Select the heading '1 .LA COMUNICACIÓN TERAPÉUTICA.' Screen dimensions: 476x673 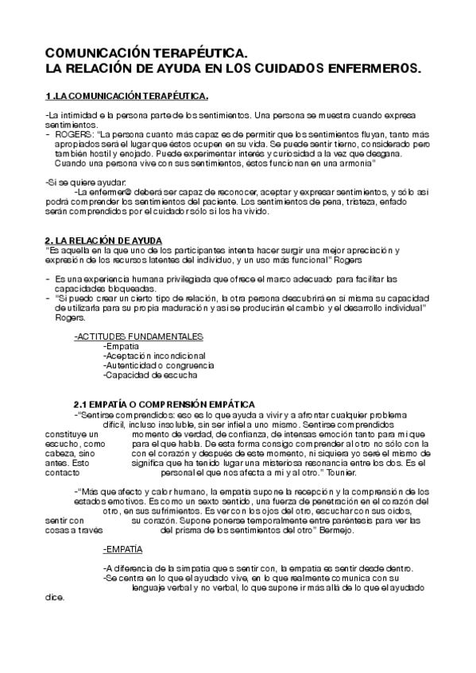click(127, 96)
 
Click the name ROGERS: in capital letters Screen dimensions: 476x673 click(73, 134)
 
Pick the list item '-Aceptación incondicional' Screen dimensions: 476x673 click(154, 356)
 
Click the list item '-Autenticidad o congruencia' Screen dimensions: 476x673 click(158, 365)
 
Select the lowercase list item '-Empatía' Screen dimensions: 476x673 click(121, 346)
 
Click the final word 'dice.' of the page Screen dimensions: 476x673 click(56, 597)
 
